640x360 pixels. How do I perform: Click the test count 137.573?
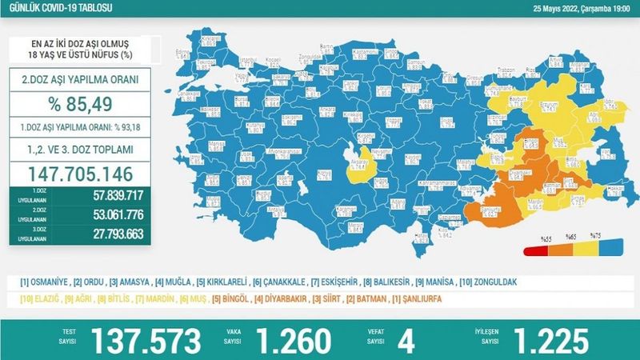point(147,340)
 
